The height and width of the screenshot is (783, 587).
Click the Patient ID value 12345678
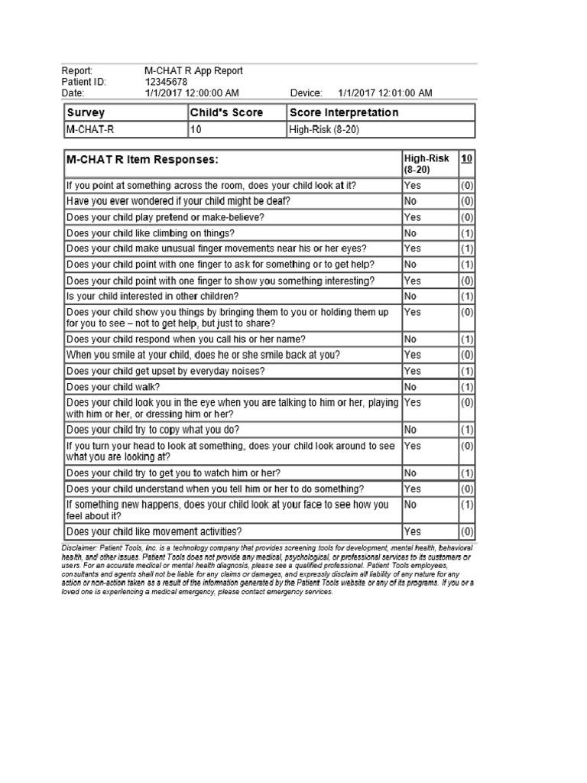coord(166,82)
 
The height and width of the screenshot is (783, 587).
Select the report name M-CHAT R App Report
coord(193,71)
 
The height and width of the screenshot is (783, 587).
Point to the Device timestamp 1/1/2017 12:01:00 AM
coord(384,93)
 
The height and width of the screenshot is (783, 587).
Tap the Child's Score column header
coord(226,112)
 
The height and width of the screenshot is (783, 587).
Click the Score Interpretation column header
coord(344,112)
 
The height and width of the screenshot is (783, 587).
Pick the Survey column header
coord(86,112)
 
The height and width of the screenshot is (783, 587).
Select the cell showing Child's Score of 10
coord(196,130)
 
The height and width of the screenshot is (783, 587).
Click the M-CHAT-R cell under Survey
coord(90,130)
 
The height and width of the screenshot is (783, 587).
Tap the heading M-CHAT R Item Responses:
coord(142,160)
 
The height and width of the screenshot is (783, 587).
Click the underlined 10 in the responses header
coord(466,158)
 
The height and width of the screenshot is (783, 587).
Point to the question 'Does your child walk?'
coord(116,387)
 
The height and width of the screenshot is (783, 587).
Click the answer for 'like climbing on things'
coord(410,233)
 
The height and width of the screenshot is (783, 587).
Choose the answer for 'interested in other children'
coord(410,297)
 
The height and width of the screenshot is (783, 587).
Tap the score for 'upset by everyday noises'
coord(467,371)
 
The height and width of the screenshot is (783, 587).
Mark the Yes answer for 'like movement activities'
coord(412,531)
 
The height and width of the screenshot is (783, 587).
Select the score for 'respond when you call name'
coord(467,339)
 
